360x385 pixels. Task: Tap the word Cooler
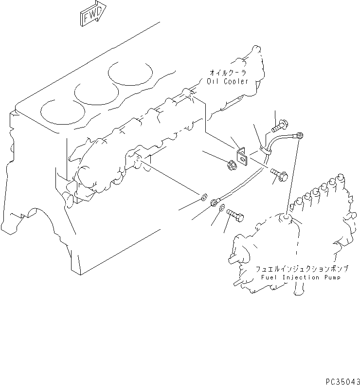[x=236, y=82]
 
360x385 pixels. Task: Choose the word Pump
[x=332, y=277]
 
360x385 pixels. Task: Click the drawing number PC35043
[x=340, y=378]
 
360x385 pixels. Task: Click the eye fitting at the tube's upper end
[x=300, y=134]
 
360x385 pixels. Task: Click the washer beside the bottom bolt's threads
[x=222, y=209]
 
